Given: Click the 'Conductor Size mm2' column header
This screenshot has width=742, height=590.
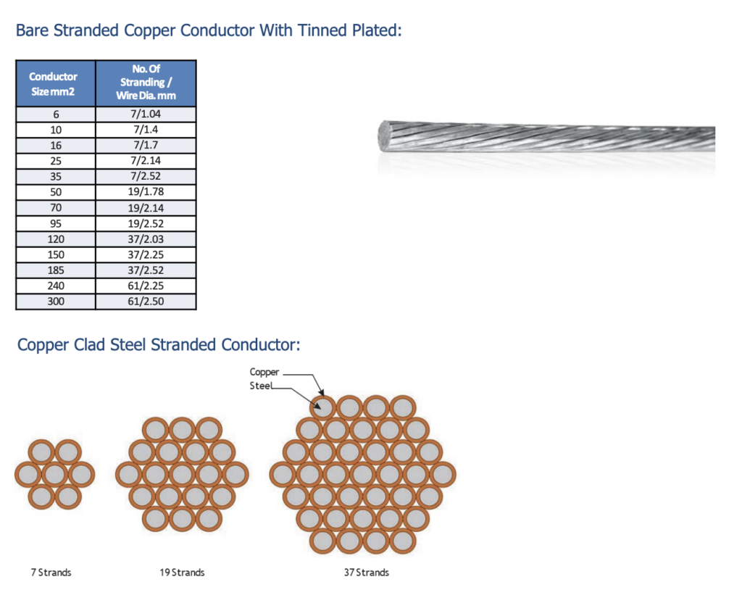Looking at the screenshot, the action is [56, 83].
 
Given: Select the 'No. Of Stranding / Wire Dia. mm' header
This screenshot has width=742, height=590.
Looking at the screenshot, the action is [146, 83].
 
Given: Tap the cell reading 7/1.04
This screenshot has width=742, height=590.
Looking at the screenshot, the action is [146, 114].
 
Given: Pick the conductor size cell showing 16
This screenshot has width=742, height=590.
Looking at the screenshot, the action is [56, 146].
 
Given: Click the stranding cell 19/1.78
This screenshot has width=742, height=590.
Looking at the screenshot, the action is [146, 192].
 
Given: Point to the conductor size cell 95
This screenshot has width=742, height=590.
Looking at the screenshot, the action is [56, 223].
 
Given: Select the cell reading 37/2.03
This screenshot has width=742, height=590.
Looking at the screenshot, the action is [146, 239].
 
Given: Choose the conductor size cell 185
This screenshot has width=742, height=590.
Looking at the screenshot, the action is [56, 270].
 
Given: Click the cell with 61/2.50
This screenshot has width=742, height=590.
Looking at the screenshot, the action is [146, 302].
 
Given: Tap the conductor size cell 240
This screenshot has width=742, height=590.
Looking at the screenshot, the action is [56, 286].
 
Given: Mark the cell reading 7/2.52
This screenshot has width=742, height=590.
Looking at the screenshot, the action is [146, 176].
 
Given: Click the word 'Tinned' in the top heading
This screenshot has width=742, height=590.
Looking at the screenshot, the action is [322, 30].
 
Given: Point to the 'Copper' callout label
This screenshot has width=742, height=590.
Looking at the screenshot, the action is [264, 373].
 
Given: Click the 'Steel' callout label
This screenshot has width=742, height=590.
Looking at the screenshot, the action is [261, 386].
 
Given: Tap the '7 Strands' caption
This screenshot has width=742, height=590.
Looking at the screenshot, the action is [51, 573].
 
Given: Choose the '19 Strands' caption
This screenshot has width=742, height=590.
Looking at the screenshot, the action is [182, 573].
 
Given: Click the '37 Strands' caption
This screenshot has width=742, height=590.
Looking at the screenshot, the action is [366, 573].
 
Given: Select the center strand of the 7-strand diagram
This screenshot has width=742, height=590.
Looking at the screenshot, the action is [54, 475].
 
